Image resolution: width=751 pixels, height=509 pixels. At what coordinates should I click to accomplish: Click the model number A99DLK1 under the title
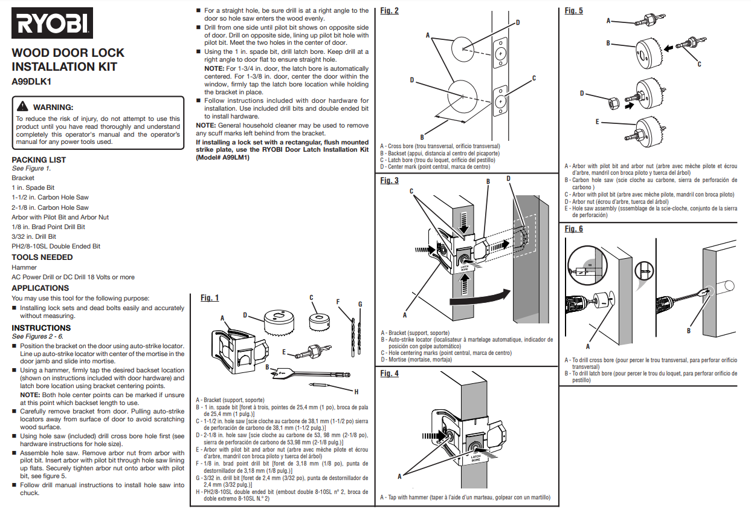(x=32, y=82)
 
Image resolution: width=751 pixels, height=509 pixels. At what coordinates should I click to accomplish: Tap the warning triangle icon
(x=24, y=107)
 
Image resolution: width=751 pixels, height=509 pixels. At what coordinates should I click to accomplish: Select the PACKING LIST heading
(x=39, y=160)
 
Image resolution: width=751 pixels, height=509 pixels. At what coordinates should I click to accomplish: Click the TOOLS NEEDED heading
(x=42, y=257)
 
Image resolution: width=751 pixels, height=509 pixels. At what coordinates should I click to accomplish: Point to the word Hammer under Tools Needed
(x=24, y=267)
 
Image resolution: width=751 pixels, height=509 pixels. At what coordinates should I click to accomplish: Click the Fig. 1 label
(x=210, y=297)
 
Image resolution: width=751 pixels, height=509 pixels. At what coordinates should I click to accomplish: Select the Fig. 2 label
(x=390, y=10)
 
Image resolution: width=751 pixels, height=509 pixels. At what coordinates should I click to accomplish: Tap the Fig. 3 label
(x=390, y=181)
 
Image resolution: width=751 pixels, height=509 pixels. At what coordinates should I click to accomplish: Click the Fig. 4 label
(x=390, y=374)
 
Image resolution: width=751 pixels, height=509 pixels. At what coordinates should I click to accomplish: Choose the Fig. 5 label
(x=574, y=10)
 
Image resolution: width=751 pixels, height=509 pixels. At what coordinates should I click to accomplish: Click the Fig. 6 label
(x=574, y=229)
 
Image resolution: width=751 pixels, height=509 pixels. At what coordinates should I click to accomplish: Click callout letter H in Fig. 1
(x=356, y=392)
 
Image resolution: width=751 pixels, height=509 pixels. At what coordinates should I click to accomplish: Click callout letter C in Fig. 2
(x=534, y=79)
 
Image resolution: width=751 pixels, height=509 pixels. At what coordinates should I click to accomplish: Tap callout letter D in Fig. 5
(x=582, y=93)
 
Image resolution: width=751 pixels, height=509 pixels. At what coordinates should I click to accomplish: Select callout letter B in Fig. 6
(x=689, y=330)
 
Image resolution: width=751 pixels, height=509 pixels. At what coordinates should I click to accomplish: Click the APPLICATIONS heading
(x=40, y=288)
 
